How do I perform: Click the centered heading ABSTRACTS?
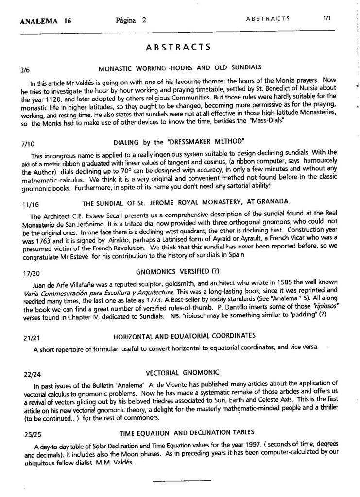point(178,47)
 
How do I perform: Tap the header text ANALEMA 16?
point(46,21)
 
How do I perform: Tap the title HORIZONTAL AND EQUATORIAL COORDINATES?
point(184,335)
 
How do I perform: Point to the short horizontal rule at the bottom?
point(182,481)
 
